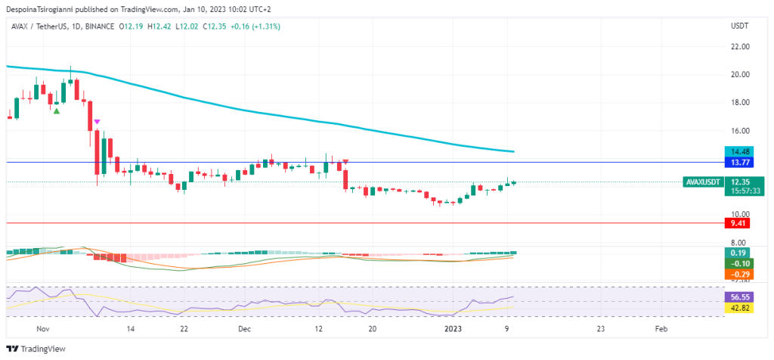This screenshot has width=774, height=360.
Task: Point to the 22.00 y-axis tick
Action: click(x=739, y=47)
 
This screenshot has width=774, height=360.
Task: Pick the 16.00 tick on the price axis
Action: click(x=739, y=131)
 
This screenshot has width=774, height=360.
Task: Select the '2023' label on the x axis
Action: click(x=452, y=330)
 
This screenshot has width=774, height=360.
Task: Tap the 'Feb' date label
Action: click(x=660, y=330)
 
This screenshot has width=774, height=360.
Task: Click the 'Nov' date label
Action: click(x=42, y=330)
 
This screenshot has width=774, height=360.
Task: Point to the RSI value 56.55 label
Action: click(x=735, y=298)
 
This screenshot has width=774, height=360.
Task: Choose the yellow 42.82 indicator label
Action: click(x=735, y=309)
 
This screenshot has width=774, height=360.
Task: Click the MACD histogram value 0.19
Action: click(x=735, y=253)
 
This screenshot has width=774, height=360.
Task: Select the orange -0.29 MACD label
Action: click(x=735, y=274)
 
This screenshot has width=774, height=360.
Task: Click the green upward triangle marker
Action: click(x=56, y=111)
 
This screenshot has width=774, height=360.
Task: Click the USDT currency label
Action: click(x=738, y=26)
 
